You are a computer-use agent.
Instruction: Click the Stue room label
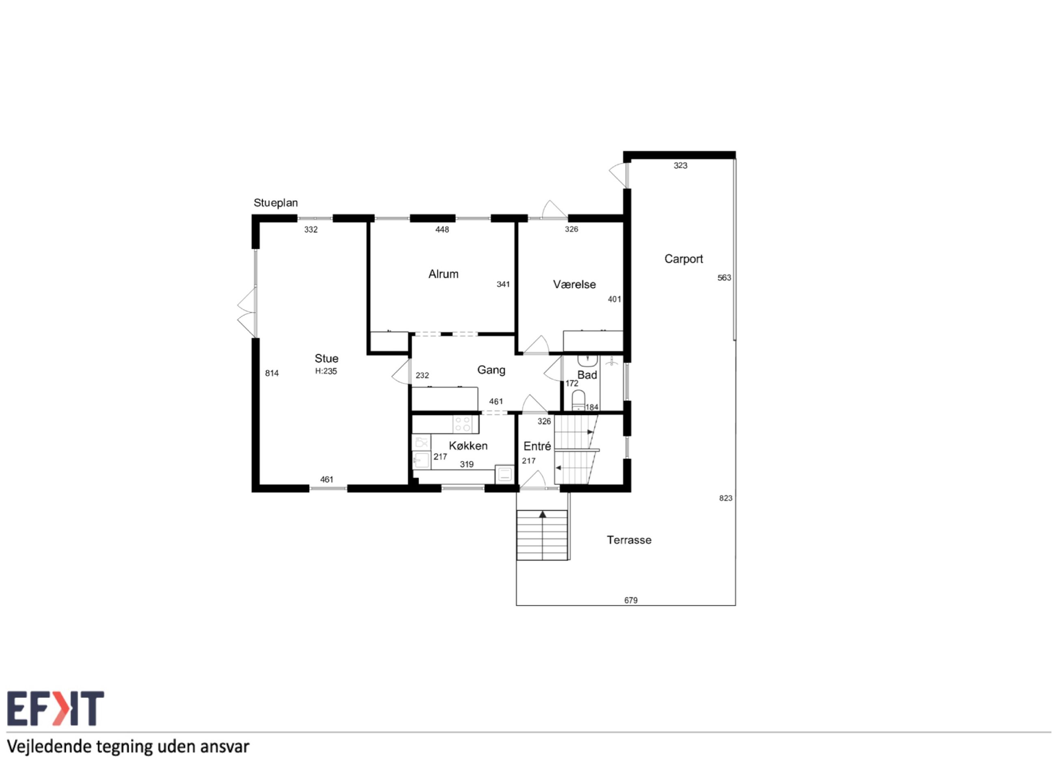pyautogui.click(x=326, y=358)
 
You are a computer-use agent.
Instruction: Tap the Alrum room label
pyautogui.click(x=444, y=274)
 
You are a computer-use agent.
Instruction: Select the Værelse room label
pyautogui.click(x=574, y=285)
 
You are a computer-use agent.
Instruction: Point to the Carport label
pyautogui.click(x=684, y=259)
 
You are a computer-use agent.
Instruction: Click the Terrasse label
pyautogui.click(x=629, y=540)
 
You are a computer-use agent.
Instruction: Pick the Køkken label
pyautogui.click(x=468, y=446)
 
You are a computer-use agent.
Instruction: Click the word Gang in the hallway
pyautogui.click(x=491, y=370)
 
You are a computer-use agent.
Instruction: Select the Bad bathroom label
pyautogui.click(x=588, y=375)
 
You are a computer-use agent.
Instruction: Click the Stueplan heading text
pyautogui.click(x=276, y=203)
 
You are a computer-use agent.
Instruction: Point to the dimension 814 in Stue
pyautogui.click(x=272, y=373)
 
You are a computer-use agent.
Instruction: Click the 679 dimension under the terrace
pyautogui.click(x=631, y=600)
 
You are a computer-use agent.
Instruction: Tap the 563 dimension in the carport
pyautogui.click(x=724, y=278)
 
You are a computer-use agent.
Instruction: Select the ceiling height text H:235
pyautogui.click(x=326, y=371)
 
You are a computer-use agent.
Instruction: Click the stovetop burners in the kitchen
pyautogui.click(x=463, y=424)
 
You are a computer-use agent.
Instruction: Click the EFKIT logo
pyautogui.click(x=56, y=708)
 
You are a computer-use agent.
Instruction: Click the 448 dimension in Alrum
pyautogui.click(x=442, y=230)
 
